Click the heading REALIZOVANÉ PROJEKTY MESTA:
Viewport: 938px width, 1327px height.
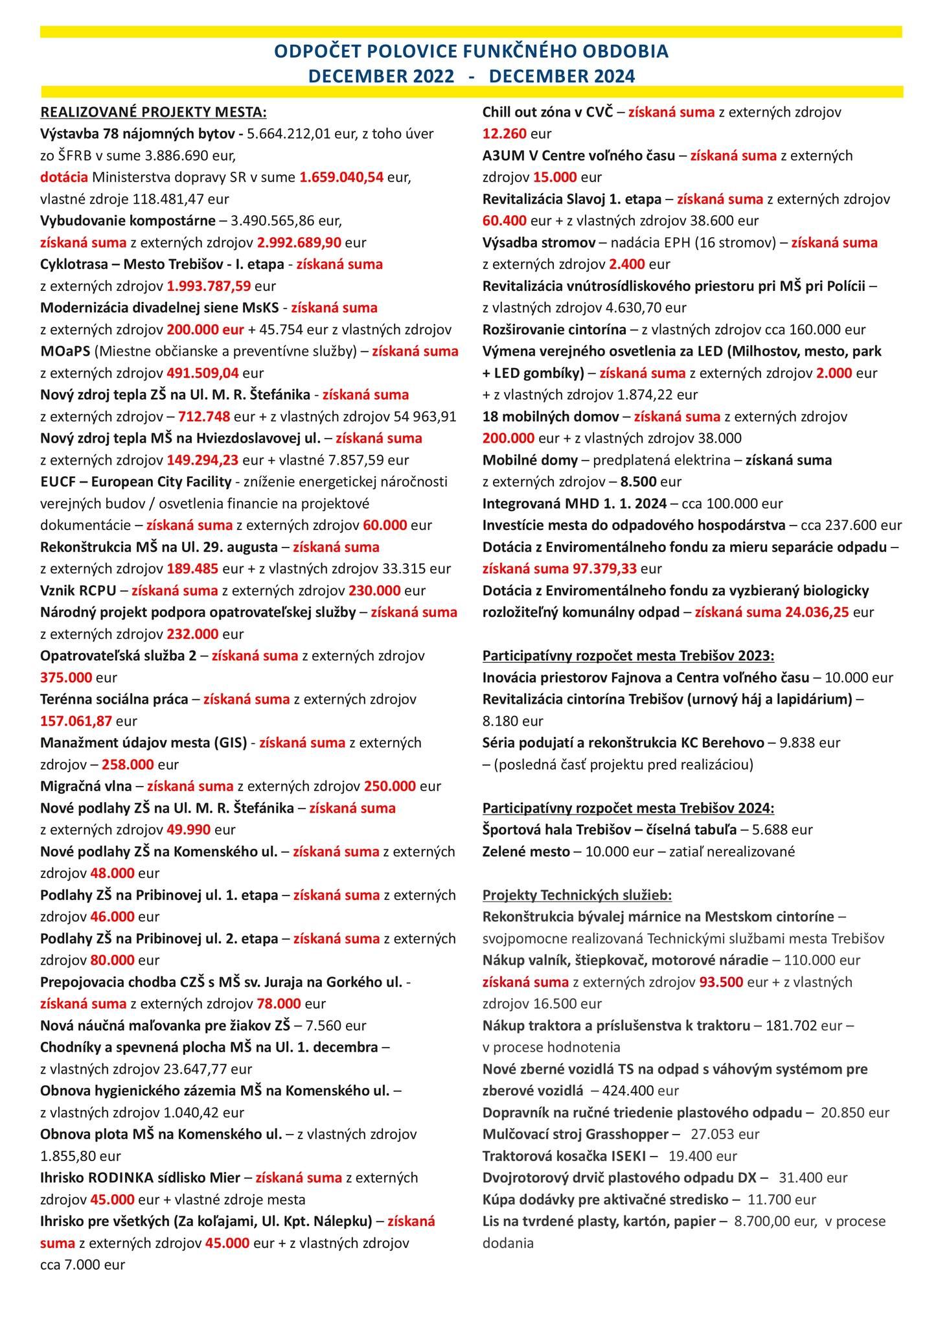[153, 112]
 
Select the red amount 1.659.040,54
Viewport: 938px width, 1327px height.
[341, 177]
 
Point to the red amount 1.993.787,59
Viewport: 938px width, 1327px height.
[209, 286]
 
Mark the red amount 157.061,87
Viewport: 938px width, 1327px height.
[76, 721]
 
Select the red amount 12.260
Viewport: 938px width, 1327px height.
[505, 134]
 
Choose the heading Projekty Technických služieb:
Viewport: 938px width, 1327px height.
[577, 895]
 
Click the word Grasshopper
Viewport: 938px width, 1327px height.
[627, 1134]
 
